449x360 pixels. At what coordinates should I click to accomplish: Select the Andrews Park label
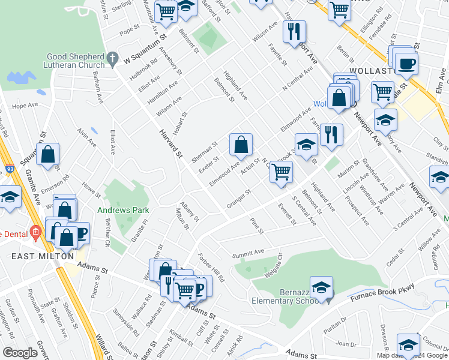click(122, 211)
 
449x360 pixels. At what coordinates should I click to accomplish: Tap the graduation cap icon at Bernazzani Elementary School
click(321, 286)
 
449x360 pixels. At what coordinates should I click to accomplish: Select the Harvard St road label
click(171, 143)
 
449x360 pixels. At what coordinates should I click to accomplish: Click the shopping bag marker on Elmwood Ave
click(241, 145)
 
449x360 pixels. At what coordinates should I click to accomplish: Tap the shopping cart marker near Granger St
click(280, 172)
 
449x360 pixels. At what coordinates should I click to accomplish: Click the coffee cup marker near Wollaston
click(406, 64)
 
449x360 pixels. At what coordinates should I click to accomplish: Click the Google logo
click(20, 353)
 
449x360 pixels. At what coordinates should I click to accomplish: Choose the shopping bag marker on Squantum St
click(48, 154)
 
